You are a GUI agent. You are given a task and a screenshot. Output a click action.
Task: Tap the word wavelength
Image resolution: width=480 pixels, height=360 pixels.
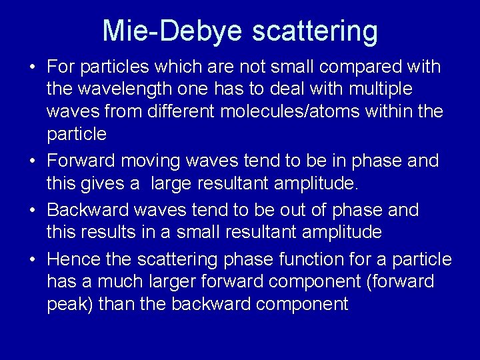pyautogui.click(x=123, y=89)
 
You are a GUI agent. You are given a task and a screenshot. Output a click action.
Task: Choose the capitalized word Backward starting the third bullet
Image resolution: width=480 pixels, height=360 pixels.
pyautogui.click(x=89, y=210)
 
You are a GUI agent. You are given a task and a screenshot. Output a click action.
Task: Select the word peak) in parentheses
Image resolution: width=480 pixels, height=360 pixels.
pyautogui.click(x=70, y=304)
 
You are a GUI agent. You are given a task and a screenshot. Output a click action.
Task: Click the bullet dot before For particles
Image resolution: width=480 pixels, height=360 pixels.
pyautogui.click(x=32, y=67)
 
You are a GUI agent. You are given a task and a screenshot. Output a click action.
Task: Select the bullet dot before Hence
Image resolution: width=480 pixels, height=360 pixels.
pyautogui.click(x=32, y=259)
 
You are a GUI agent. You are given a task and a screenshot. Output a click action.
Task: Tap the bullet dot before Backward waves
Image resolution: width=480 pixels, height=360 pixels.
pyautogui.click(x=32, y=211)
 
